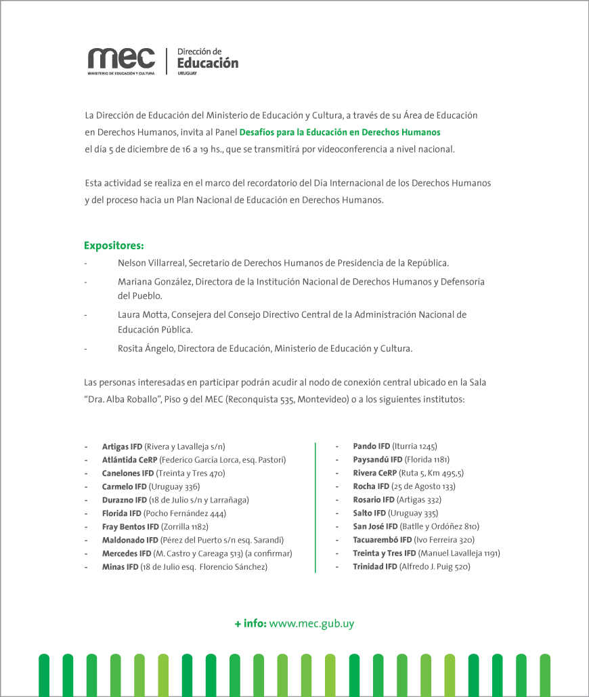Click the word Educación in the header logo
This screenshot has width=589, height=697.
[x=207, y=63]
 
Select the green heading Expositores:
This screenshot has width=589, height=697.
[x=114, y=245]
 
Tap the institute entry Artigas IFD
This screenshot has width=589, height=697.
[x=122, y=446]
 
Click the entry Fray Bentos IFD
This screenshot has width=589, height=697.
[x=130, y=526]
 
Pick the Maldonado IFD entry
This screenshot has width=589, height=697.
[x=130, y=540]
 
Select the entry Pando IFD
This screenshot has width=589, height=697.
[x=371, y=446]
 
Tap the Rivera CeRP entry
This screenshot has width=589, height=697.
[x=374, y=473]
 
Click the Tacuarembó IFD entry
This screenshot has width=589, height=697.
[x=382, y=540]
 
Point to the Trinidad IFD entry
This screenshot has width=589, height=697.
[x=374, y=566]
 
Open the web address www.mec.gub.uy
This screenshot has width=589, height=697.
[x=311, y=624]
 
